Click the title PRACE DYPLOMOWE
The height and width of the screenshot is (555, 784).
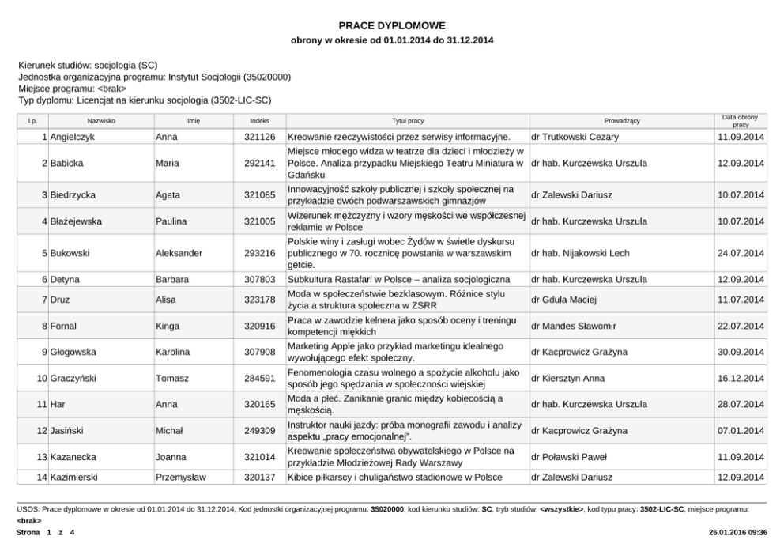click(392, 25)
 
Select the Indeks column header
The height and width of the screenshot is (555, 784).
click(259, 121)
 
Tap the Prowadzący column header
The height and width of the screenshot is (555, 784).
click(622, 121)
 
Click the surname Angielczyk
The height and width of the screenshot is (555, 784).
click(73, 137)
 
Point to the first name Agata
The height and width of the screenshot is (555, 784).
click(168, 194)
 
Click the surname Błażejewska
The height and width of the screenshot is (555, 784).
click(76, 221)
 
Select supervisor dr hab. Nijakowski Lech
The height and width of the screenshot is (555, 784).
click(581, 253)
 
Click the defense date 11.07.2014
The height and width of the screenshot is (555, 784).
click(741, 300)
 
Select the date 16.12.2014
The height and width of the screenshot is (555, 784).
click(741, 379)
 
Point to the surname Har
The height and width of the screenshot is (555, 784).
click(58, 405)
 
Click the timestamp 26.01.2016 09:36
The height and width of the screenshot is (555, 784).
click(739, 533)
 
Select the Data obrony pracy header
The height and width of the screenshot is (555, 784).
click(740, 121)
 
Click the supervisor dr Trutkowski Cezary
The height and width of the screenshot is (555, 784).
click(575, 137)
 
